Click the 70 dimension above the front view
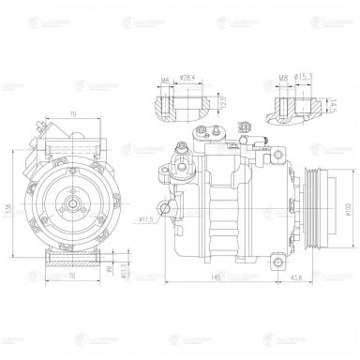coord(71,114)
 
